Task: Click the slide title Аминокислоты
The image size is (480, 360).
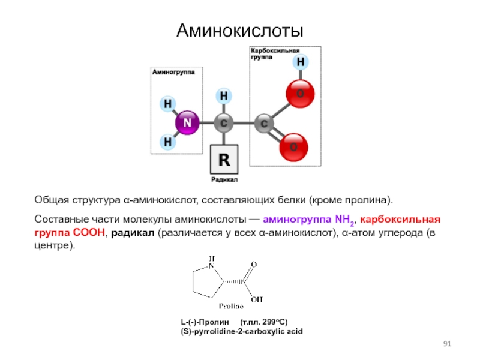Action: (x=239, y=30)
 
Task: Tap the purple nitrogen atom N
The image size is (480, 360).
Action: (x=187, y=123)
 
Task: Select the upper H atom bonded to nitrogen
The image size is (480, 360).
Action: (x=168, y=104)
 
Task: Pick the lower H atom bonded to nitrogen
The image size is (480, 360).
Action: (x=168, y=143)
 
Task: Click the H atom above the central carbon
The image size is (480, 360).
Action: (x=224, y=95)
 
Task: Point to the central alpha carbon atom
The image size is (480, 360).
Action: (x=224, y=123)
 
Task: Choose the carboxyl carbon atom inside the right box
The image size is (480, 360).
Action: (x=264, y=124)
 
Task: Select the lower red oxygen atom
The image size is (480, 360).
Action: (x=295, y=146)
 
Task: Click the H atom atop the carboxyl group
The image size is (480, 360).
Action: (x=300, y=62)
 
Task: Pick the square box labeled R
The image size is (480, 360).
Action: (x=224, y=160)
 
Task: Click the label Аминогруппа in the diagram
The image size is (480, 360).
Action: (x=169, y=71)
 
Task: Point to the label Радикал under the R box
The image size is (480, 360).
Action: (x=224, y=179)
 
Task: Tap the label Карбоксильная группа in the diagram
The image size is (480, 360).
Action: (x=275, y=55)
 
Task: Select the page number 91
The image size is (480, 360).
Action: (x=447, y=343)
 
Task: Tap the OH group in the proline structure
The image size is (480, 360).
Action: (x=256, y=298)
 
